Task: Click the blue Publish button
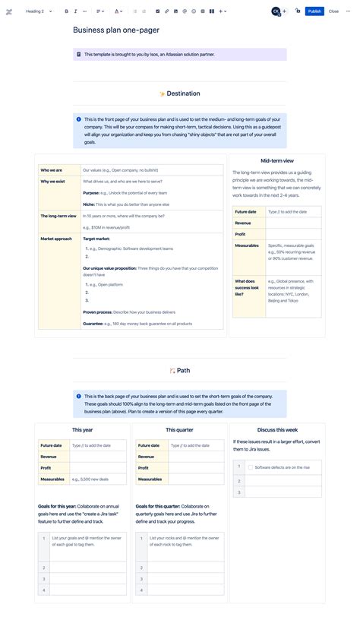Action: click(314, 11)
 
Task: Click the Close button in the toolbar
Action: click(333, 11)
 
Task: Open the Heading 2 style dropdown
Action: click(39, 11)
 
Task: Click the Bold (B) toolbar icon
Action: click(66, 11)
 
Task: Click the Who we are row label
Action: click(52, 170)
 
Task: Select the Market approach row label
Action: click(56, 239)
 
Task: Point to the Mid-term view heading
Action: click(277, 161)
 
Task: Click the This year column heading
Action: click(82, 430)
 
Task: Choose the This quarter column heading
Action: click(180, 430)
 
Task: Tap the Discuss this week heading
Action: click(277, 430)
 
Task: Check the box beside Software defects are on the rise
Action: click(251, 467)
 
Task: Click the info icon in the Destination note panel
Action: click(79, 119)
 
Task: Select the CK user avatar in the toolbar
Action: click(275, 11)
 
